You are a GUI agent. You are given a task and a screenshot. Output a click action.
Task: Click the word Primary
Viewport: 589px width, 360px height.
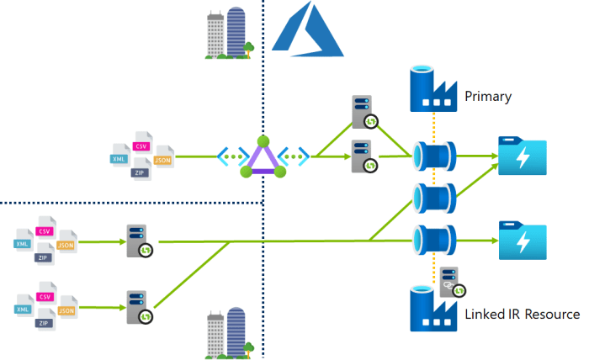tap(488, 97)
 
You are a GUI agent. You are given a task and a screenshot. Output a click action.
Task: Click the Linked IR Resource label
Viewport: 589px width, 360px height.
tap(522, 315)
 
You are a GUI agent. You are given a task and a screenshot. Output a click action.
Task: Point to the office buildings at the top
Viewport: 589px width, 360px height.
tap(228, 34)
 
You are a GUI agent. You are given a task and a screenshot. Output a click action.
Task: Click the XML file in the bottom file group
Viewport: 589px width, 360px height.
tap(23, 309)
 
